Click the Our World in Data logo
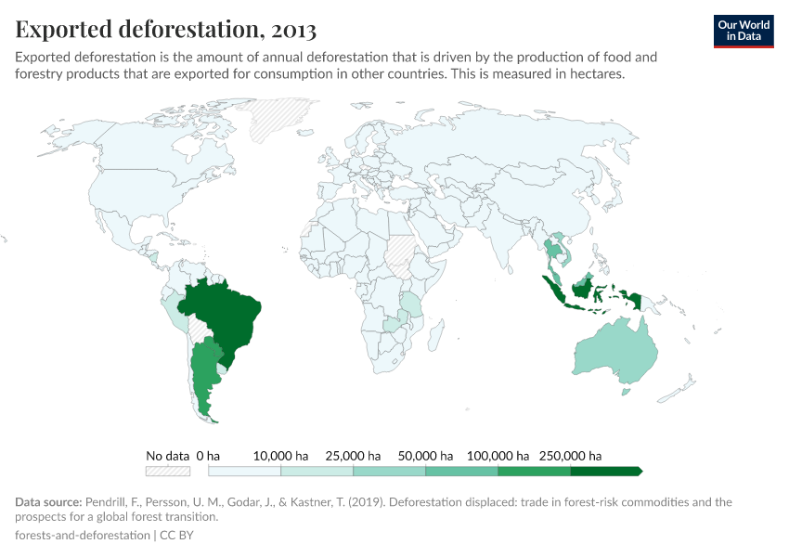[744, 31]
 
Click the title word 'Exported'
[74, 30]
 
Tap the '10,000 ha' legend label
[281, 456]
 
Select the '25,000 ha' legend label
[354, 456]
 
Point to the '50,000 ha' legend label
[426, 456]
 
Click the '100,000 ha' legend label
[498, 456]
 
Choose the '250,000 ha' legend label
[571, 456]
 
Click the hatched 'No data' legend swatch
[168, 471]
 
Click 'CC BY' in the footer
[176, 535]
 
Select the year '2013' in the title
[294, 30]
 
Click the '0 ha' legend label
[207, 456]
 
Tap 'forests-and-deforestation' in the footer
[82, 535]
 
